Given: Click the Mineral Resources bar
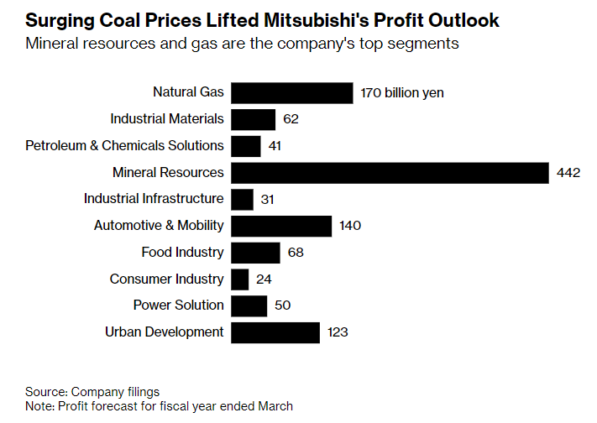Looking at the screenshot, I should point(389,172).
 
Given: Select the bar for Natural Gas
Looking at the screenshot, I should point(291,92).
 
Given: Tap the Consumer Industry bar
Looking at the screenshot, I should point(240,279).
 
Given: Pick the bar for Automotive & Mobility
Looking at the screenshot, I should point(281,225).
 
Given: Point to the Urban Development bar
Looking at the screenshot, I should point(275,332).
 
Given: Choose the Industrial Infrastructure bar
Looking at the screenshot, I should point(242,199).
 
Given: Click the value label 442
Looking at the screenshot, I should point(568,173).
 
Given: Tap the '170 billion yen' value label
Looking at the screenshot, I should point(401,93).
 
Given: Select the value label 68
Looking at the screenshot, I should point(295,252).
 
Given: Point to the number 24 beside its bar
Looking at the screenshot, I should point(264,279).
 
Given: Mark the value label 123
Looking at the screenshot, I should point(337,332).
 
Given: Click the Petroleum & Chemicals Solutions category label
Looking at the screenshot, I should point(125,145).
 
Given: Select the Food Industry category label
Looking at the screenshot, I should point(182,252).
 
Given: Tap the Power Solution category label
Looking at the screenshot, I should point(178,305).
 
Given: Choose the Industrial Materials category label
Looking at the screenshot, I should point(167,118).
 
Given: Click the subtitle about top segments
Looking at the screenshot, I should point(243,44).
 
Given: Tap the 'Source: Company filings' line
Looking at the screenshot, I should point(92,391).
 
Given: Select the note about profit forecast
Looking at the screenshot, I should point(160,405).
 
